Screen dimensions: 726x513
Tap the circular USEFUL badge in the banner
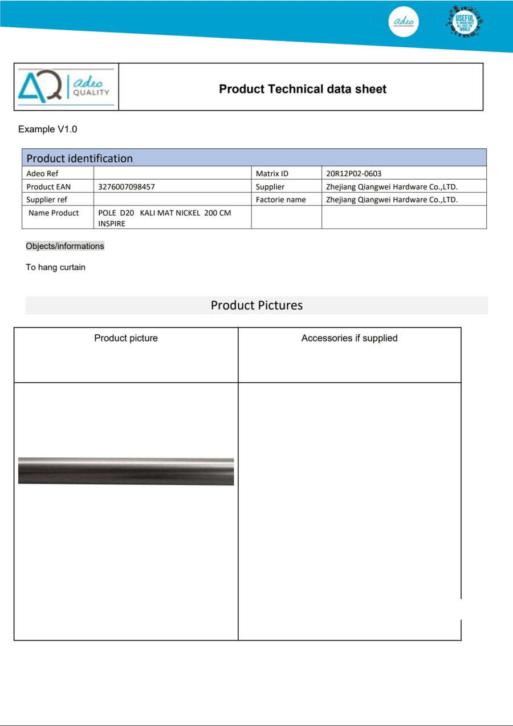(465, 22)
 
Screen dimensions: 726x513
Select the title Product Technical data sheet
(303, 89)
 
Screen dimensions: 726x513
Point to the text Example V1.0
(47, 129)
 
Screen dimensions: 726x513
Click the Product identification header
(79, 158)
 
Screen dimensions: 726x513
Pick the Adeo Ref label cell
(42, 173)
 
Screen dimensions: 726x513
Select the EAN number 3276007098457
(127, 186)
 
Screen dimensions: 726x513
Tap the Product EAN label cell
(48, 186)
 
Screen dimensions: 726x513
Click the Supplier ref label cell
(46, 200)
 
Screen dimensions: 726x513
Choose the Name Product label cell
(54, 213)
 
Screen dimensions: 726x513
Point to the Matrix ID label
(272, 173)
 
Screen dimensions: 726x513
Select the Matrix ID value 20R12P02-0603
(353, 173)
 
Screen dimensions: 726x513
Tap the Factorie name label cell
(280, 200)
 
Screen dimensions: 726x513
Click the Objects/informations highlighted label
(65, 246)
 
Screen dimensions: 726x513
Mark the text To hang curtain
(55, 267)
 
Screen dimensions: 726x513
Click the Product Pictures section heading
(256, 305)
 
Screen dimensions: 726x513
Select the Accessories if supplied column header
(349, 338)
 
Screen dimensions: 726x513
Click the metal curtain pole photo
(126, 471)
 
